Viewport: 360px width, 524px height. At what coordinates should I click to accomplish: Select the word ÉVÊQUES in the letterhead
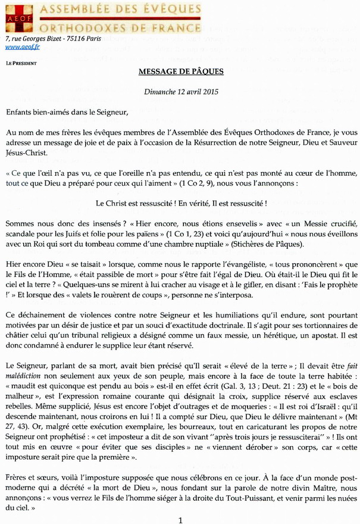coord(166,9)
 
